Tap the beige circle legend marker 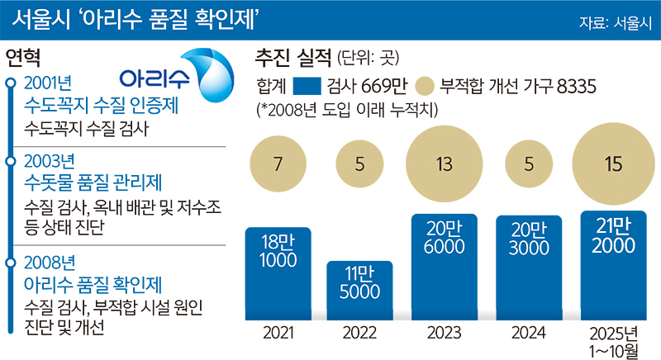pyautogui.click(x=426, y=87)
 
